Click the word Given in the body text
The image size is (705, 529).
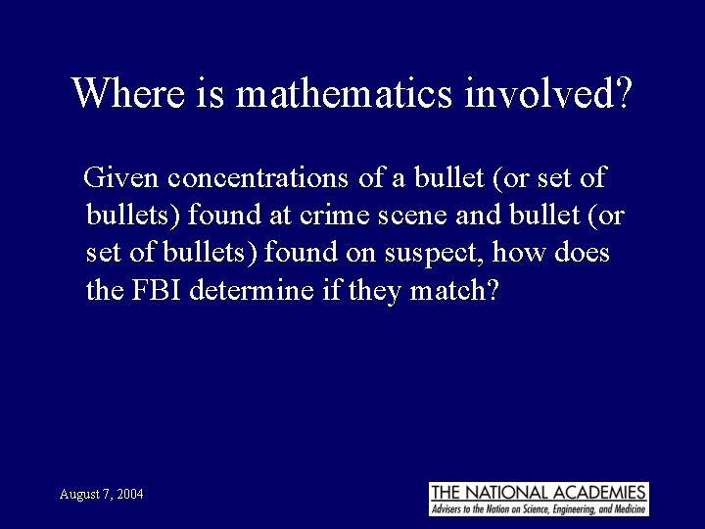pos(122,178)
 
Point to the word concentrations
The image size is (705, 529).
pos(253,178)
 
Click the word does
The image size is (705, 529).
pos(583,254)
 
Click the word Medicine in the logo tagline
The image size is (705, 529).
pos(625,510)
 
